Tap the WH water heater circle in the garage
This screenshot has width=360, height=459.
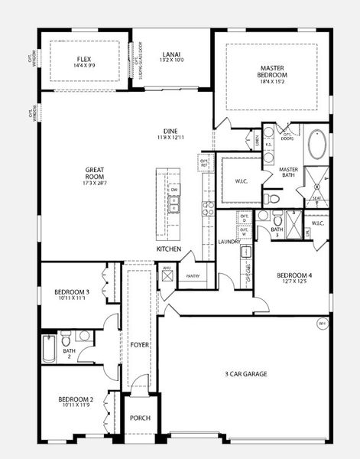pos(322,324)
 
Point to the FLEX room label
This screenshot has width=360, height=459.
pos(84,59)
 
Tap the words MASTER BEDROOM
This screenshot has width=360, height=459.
pos(271,71)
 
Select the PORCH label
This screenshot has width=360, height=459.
pos(140,418)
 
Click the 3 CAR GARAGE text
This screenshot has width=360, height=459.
pos(245,374)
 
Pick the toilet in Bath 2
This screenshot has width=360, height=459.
pos(66,338)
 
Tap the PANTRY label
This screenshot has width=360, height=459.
pos(192,276)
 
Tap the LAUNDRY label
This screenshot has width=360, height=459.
pos(229,242)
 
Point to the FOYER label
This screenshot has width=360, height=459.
pos(139,345)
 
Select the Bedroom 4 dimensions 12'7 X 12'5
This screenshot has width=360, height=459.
pos(294,282)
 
